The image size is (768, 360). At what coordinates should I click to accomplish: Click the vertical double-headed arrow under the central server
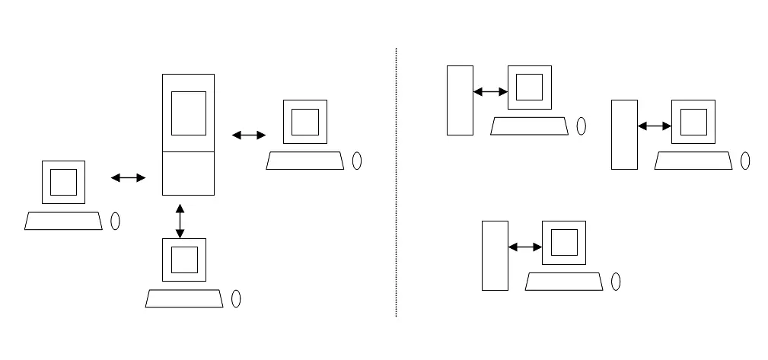(180, 220)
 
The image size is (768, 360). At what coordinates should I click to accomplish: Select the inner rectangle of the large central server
(188, 113)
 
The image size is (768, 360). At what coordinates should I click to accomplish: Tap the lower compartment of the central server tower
(188, 173)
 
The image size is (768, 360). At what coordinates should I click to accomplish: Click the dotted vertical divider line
(396, 183)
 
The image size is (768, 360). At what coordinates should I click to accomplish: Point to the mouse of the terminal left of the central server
(116, 221)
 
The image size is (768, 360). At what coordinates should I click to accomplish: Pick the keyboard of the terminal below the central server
(184, 298)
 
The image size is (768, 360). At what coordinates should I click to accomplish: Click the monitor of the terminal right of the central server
(304, 122)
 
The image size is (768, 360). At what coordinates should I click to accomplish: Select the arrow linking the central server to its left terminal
(128, 178)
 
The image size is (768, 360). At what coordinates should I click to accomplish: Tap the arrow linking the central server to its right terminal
(248, 135)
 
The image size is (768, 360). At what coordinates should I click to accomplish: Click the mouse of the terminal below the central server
(236, 298)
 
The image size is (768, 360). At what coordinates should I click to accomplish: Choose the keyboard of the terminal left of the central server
(63, 221)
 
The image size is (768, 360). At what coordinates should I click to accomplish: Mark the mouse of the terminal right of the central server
(357, 161)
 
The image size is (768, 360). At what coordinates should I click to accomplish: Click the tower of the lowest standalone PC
(495, 255)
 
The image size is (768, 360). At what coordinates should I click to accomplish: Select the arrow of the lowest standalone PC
(524, 247)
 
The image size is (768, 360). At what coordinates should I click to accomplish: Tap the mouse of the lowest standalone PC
(616, 281)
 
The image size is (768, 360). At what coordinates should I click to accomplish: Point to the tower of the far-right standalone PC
(624, 135)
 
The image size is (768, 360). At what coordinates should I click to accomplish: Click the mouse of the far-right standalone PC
(745, 161)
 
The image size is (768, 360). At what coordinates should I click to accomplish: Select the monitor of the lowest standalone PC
(564, 242)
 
